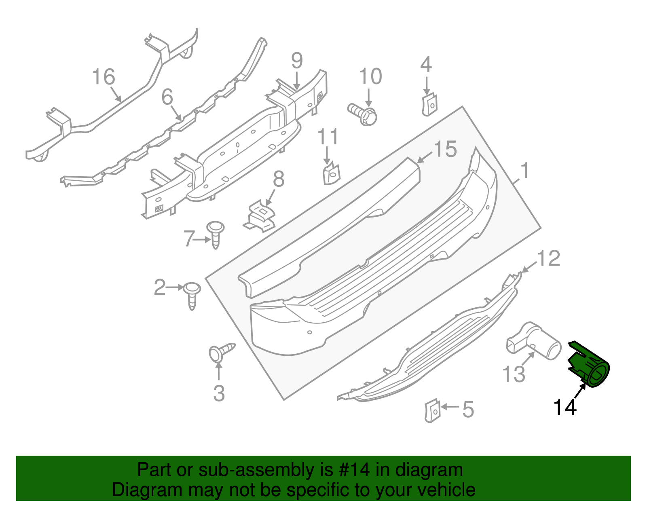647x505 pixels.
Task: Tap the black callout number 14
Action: pos(565,407)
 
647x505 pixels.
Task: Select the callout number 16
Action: pos(104,76)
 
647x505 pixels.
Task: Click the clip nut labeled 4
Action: pos(429,105)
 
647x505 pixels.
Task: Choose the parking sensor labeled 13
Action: pos(534,342)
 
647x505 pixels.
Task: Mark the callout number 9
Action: pos(297,61)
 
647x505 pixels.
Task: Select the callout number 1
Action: pos(524,171)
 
